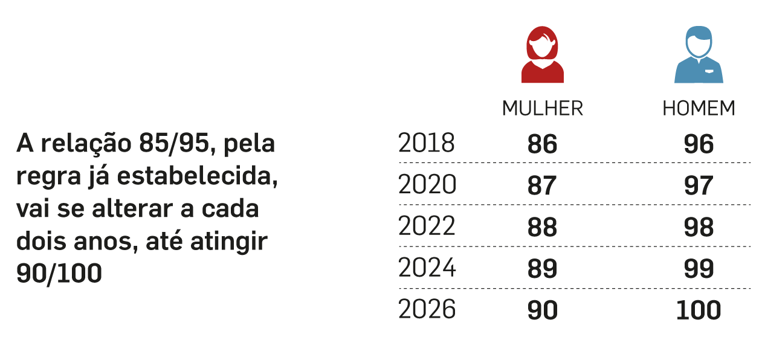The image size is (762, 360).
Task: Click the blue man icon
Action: [x=699, y=56]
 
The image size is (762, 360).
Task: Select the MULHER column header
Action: [x=542, y=109]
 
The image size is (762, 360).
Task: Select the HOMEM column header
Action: [x=699, y=109]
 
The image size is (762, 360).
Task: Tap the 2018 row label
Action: [x=426, y=144]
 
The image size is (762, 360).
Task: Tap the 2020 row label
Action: [x=427, y=185]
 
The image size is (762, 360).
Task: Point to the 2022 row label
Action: [x=426, y=227]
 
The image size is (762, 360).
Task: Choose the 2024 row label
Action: [x=427, y=268]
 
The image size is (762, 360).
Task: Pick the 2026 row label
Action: [x=427, y=310]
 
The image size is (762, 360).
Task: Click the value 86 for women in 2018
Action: [x=542, y=144]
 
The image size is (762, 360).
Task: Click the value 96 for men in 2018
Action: [x=699, y=144]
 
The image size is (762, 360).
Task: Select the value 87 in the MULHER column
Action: [x=542, y=185]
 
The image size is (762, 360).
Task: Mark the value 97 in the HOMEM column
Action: [x=699, y=185]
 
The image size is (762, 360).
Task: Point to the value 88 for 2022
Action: [x=542, y=227]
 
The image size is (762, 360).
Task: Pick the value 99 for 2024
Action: [x=699, y=269]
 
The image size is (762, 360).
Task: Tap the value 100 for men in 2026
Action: [x=699, y=310]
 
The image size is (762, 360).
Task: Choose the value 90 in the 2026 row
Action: [x=542, y=310]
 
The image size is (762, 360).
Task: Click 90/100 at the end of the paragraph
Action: [x=59, y=274]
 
